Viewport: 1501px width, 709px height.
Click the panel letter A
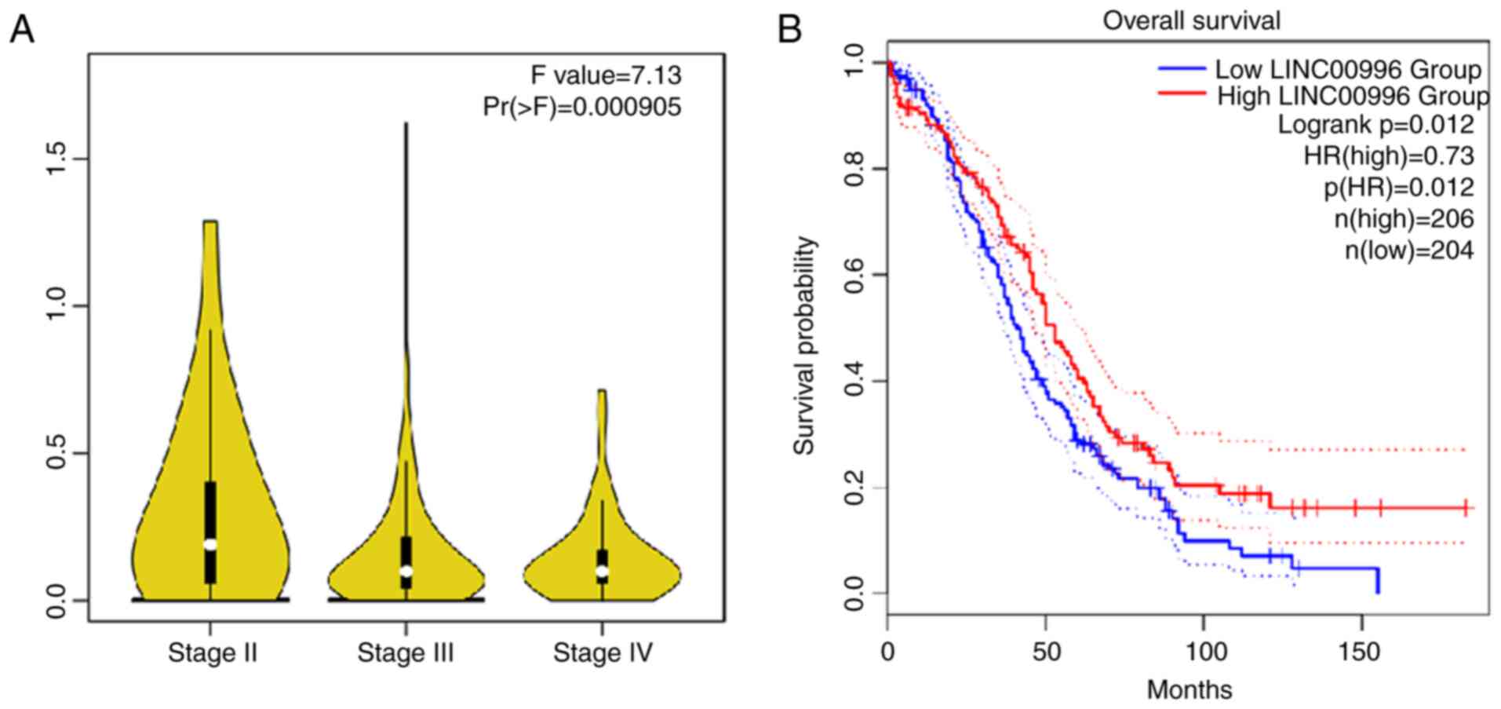pos(23,30)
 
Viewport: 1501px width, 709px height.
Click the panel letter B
pos(789,30)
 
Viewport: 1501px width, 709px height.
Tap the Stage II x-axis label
pos(213,653)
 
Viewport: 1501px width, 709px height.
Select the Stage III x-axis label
pos(406,653)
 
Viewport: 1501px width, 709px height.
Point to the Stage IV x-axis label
pos(603,653)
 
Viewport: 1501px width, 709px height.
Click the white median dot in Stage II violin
pos(210,543)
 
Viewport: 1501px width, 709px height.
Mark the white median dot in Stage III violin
pos(406,572)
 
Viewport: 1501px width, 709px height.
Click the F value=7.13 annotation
pos(606,75)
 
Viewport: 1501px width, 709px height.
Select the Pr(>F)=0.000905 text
pos(582,107)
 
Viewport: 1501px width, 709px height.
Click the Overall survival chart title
pos(1191,20)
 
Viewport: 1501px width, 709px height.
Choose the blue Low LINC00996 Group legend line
pos(1182,69)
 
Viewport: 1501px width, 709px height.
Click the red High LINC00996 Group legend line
pos(1182,93)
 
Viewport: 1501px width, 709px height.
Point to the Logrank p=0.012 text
pos(1375,124)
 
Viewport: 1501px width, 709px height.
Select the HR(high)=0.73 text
pos(1388,155)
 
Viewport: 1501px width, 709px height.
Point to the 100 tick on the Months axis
pos(1205,652)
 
